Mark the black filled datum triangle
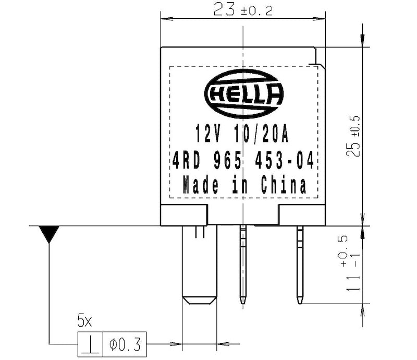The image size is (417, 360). (x=50, y=234)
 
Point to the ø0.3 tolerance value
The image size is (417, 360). (x=125, y=344)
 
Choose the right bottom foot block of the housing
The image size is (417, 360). (x=302, y=215)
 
